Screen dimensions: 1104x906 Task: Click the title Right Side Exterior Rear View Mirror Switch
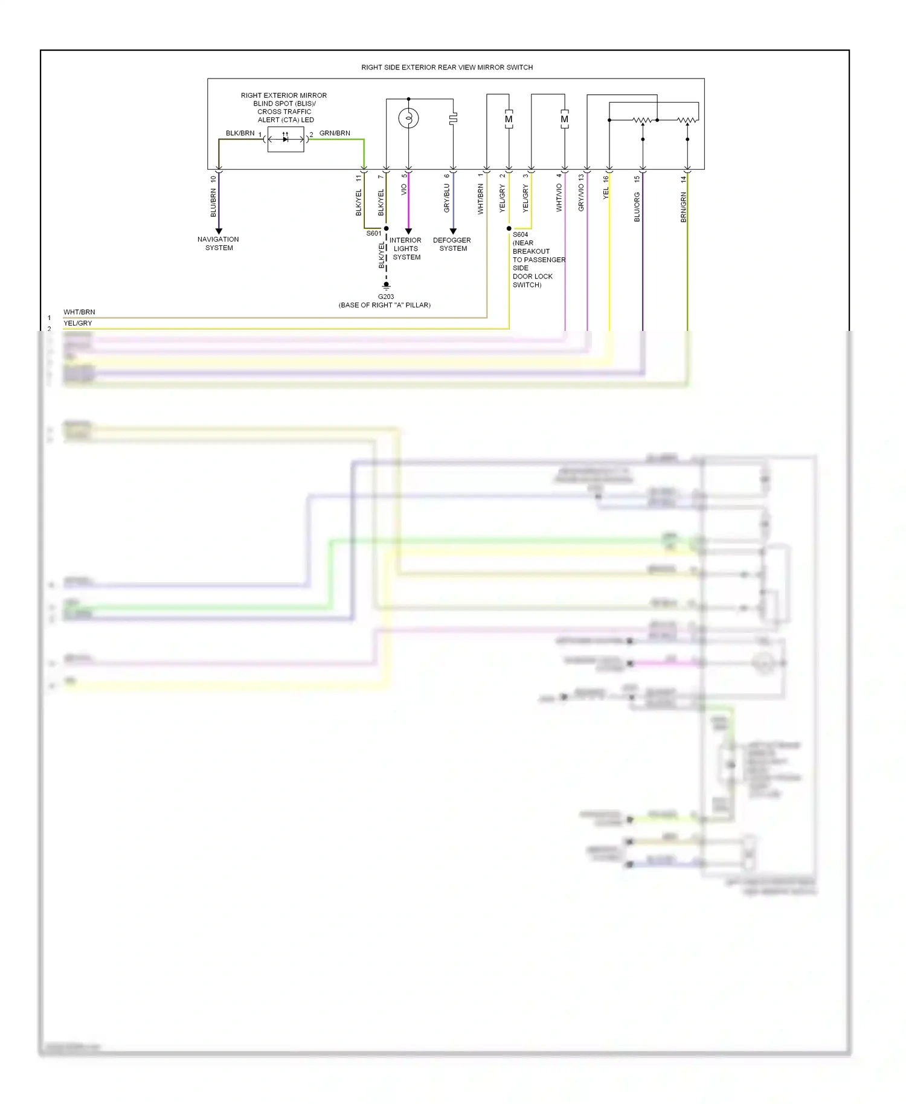click(x=447, y=68)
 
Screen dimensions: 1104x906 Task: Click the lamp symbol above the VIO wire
click(x=408, y=118)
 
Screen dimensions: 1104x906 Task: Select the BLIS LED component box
click(x=286, y=140)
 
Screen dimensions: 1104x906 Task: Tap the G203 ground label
click(x=386, y=297)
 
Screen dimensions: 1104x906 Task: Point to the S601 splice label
click(x=373, y=233)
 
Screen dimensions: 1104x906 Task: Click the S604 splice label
click(x=521, y=234)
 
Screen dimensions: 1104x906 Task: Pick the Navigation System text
click(x=218, y=243)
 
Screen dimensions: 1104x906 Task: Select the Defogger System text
click(x=452, y=244)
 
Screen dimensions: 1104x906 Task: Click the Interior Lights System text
click(x=406, y=248)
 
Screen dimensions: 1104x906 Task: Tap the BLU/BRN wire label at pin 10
click(x=213, y=203)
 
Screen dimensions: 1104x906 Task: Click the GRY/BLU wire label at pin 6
click(x=447, y=198)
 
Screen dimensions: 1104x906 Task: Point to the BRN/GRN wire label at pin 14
click(x=684, y=207)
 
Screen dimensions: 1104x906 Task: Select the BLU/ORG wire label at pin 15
click(x=637, y=207)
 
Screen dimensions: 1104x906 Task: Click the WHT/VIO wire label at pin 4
click(x=559, y=197)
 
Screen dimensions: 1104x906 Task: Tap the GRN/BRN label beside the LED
click(x=335, y=133)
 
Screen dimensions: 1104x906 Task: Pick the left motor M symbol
click(x=509, y=119)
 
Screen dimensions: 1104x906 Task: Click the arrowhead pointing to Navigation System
click(x=219, y=231)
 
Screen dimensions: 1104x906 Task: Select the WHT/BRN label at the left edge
click(x=79, y=312)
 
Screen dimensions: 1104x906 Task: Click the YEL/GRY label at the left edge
click(x=78, y=323)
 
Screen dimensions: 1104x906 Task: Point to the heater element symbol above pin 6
click(x=453, y=118)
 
